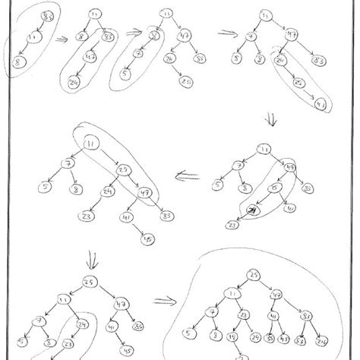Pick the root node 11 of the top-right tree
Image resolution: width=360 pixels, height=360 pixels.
pyautogui.click(x=265, y=14)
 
